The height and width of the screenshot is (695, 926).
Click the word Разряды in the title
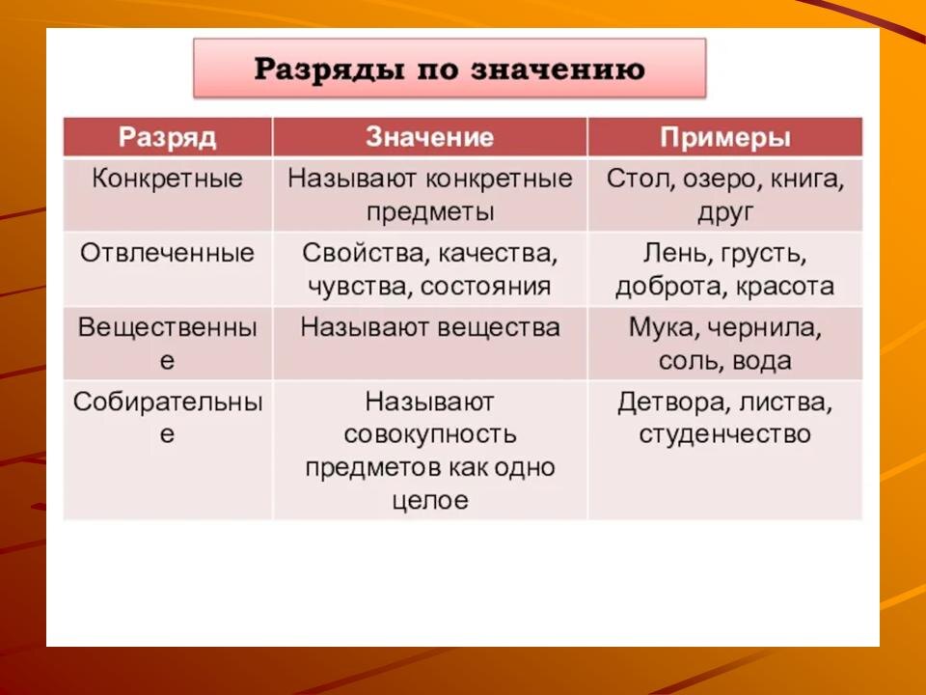tap(330, 70)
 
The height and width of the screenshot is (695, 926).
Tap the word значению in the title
tap(558, 69)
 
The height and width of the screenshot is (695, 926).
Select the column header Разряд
tap(167, 138)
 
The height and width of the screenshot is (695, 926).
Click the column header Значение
tap(429, 136)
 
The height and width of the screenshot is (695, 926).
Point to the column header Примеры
tap(725, 138)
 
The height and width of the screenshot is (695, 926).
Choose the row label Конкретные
tap(167, 179)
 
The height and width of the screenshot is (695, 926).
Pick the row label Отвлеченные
tap(167, 253)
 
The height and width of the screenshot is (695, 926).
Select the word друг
tap(725, 212)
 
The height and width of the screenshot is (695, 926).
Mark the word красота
tap(785, 288)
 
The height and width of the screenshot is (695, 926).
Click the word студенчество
tap(725, 435)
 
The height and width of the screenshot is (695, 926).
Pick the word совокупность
tap(430, 435)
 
